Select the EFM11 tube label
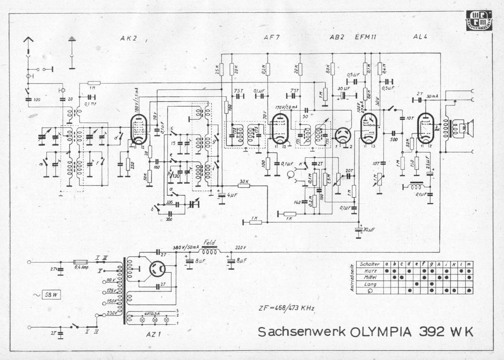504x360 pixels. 366,37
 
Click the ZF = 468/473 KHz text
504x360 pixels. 286,308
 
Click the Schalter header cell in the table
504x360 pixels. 370,264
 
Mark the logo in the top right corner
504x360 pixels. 480,20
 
